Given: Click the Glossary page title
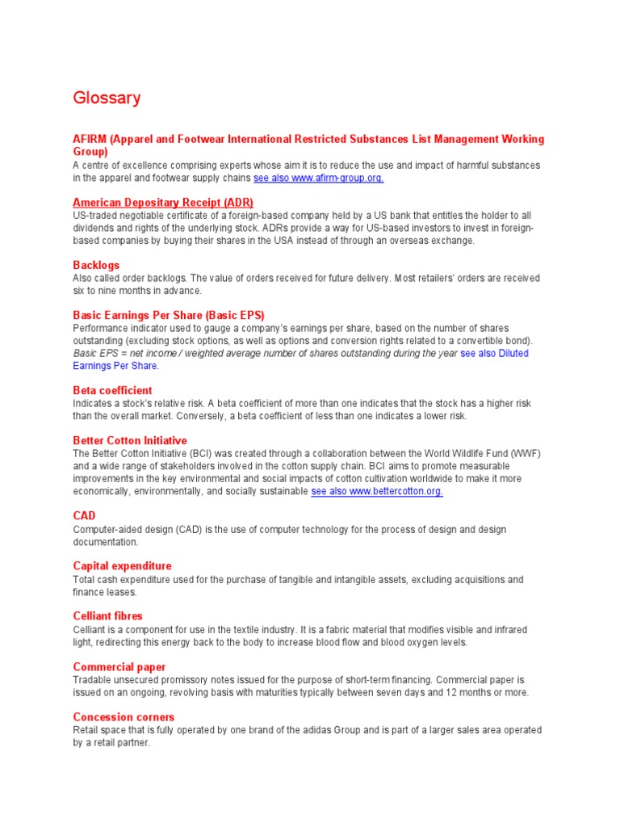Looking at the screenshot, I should click(107, 99).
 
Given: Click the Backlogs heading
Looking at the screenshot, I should click(96, 265).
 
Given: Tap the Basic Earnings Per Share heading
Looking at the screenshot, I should click(169, 315).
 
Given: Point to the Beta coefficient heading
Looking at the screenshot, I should click(112, 390).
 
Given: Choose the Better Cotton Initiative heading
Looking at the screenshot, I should click(130, 440).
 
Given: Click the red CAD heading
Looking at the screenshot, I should click(84, 515).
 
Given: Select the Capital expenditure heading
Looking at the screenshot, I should click(122, 566).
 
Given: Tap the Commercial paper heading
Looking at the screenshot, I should click(119, 667).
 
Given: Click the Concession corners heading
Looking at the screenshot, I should click(124, 717).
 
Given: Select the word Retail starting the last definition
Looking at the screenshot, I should click(86, 730).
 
